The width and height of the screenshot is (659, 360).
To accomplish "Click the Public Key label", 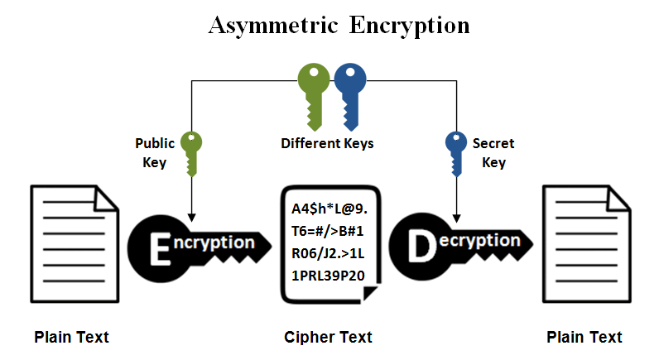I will coord(155,153).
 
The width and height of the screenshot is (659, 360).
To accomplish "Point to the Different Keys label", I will coord(327,144).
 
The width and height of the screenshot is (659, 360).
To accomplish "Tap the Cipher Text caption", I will coord(329,337).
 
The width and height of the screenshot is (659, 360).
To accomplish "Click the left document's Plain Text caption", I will coord(71,337).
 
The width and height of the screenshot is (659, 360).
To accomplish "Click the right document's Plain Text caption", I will coord(584,337).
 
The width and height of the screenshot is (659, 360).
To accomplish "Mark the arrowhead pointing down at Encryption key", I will coord(191,214).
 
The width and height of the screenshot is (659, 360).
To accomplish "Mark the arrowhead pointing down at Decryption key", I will coord(456,214).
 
